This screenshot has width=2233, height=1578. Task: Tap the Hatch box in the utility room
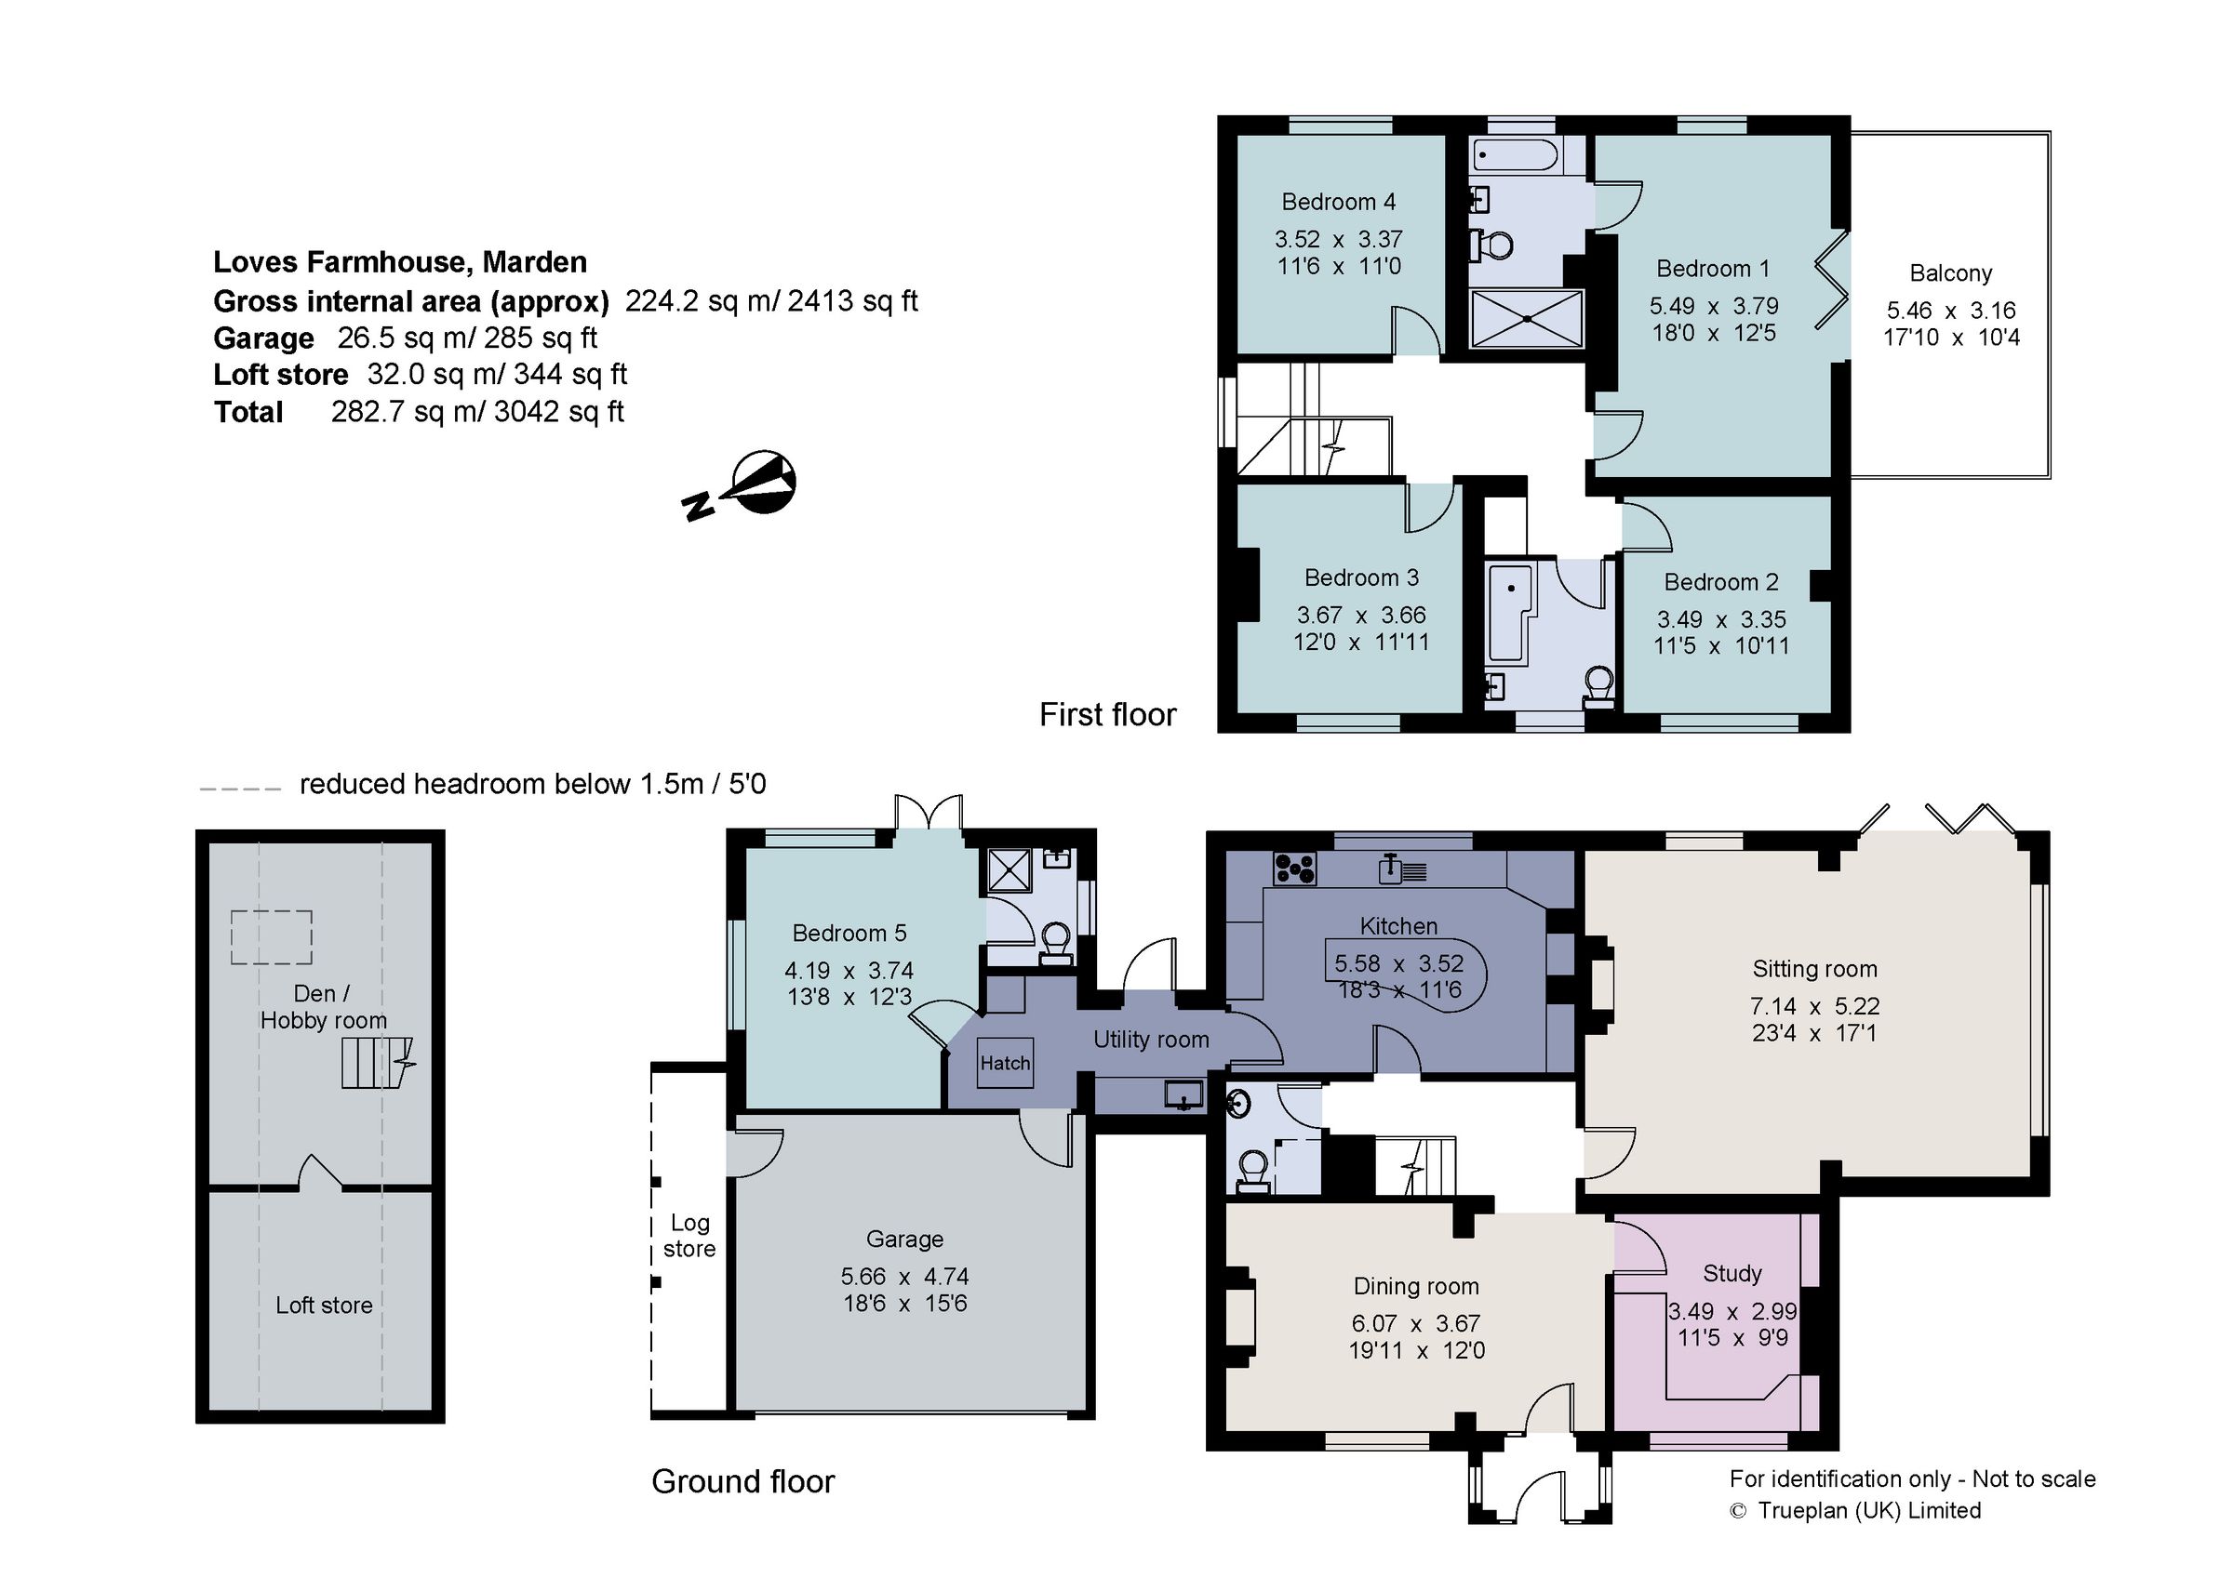[x=1005, y=1063]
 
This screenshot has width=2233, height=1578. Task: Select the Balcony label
[x=1950, y=273]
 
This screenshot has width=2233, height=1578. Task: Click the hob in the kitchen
[x=1294, y=868]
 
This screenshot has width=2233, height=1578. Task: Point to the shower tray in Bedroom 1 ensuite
[x=1527, y=318]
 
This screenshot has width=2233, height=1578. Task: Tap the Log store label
[x=689, y=1236]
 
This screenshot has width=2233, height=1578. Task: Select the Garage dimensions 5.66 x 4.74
[x=904, y=1276]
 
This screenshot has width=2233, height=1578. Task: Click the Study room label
[x=1732, y=1273]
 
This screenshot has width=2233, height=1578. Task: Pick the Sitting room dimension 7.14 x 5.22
[x=1815, y=1005]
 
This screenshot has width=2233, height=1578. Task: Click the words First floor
[x=1107, y=715]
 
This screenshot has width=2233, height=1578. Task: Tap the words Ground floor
[x=743, y=1480]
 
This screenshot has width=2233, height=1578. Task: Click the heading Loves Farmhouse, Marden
[x=400, y=261]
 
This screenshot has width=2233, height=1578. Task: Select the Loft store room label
[x=324, y=1305]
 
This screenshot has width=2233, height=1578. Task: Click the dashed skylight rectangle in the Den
[x=272, y=937]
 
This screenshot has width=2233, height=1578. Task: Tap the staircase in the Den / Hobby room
[x=372, y=1063]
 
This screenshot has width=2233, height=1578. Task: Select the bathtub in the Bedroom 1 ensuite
[x=1516, y=154]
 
